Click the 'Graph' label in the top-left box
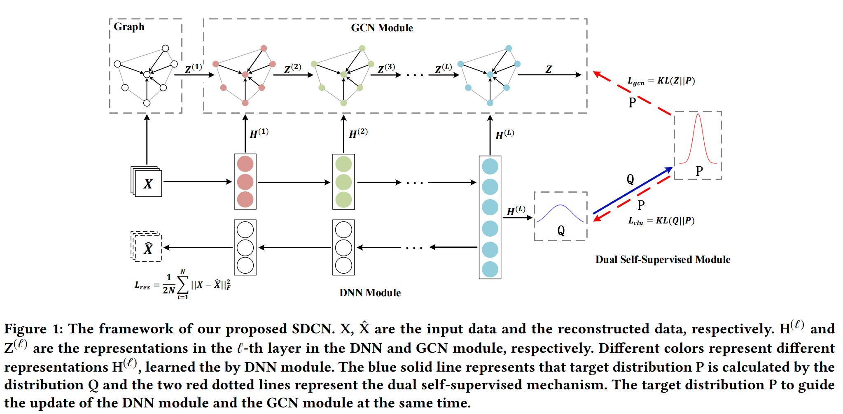point(129,27)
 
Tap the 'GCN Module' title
point(382,28)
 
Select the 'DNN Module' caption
point(370,293)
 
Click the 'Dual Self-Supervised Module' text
point(663,260)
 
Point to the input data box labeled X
point(148,184)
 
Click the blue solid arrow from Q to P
point(632,191)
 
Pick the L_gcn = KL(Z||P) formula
point(661,81)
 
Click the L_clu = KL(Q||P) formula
point(661,221)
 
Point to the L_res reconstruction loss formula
point(183,285)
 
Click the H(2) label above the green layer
point(358,133)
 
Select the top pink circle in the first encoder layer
point(245,164)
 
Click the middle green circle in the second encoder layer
point(343,182)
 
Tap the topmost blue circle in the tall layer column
point(490,167)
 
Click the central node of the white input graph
point(147,74)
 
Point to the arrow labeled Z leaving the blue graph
point(549,74)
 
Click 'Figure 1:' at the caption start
point(34,329)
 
